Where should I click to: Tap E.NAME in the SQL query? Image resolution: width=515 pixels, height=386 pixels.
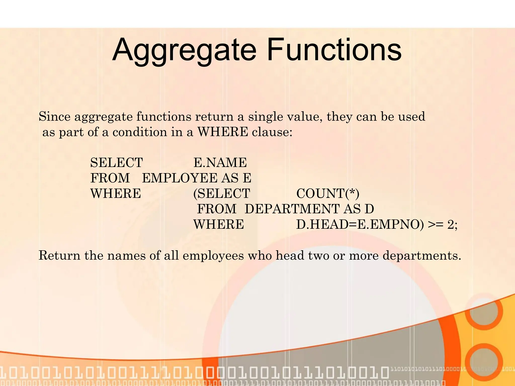(x=220, y=163)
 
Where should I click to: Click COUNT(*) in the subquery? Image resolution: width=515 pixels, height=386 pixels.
(x=328, y=194)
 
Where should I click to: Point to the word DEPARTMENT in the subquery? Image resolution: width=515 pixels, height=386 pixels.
(x=292, y=209)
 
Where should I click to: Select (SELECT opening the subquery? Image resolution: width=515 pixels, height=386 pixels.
(x=222, y=194)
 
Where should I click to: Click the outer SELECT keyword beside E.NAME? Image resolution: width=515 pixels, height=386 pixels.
(x=116, y=163)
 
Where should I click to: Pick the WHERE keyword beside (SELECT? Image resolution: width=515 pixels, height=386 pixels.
(x=115, y=194)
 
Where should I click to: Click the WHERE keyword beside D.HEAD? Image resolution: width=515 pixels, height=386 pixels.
(x=218, y=224)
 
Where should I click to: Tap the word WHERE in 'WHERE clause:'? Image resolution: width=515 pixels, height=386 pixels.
(x=223, y=132)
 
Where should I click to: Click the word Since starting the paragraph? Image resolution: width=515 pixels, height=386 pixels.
(x=55, y=117)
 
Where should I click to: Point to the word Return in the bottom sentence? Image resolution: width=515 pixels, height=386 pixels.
(x=59, y=256)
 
